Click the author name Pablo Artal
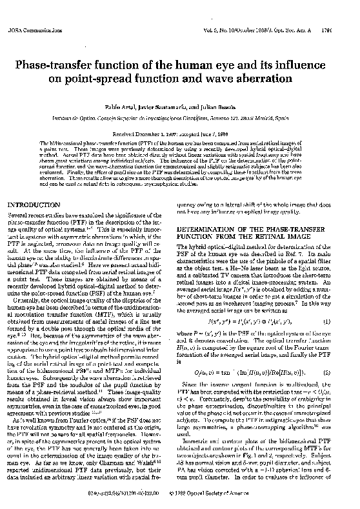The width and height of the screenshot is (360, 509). (x=133, y=110)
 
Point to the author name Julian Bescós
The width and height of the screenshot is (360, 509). (x=220, y=110)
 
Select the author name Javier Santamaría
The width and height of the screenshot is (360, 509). (x=175, y=110)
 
